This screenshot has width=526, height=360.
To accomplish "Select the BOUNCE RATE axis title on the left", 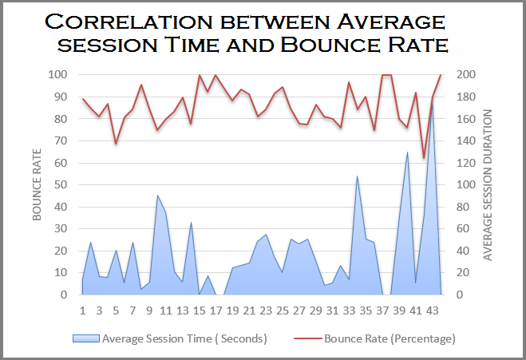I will (36, 184).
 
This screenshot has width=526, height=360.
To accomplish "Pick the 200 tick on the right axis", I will (465, 75).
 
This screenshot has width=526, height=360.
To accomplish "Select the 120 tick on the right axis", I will (465, 163).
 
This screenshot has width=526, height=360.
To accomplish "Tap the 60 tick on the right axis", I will (463, 229).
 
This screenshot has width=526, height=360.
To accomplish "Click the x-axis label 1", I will (82, 311).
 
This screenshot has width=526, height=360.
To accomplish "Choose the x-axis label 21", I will (249, 311).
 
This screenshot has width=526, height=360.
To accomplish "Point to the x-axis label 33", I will (349, 311).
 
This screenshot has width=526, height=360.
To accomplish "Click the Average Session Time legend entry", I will (184, 338).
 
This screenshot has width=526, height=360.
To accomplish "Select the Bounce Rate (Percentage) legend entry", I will (389, 338).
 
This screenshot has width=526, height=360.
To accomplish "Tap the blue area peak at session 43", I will (432, 102).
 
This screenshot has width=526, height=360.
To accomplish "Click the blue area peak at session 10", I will (157, 196).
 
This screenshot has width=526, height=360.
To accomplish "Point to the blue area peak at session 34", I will (357, 176).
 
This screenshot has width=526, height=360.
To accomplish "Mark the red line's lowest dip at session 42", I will (424, 158).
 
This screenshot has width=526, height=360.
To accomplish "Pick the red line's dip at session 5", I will (116, 144).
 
